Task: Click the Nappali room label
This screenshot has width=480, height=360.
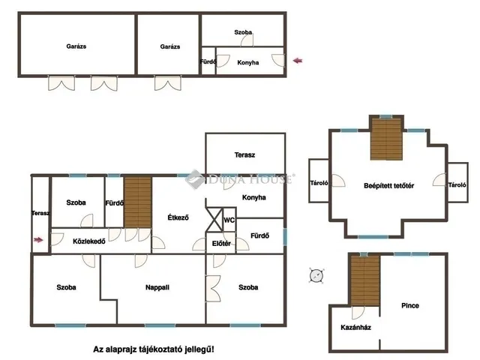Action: point(157,287)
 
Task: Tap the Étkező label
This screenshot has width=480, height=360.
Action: point(178,217)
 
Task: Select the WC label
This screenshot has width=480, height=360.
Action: point(229,220)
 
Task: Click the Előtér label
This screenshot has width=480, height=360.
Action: point(221,244)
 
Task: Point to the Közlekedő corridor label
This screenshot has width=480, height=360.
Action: point(89,241)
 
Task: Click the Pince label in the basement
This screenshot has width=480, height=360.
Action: point(410,305)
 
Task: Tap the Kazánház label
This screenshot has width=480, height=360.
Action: point(356,328)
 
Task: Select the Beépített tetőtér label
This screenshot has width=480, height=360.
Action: point(388,186)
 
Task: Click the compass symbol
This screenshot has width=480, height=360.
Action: point(316,275)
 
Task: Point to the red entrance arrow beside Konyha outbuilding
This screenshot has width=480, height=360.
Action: point(298,61)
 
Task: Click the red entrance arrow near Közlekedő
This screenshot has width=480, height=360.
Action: point(38,240)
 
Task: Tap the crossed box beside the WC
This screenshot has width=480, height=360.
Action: point(214,220)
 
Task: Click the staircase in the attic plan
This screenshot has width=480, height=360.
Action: point(386,139)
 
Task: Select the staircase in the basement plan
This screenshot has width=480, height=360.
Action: point(365,281)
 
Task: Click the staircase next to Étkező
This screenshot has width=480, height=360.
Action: point(138,202)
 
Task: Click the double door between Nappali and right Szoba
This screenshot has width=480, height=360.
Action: point(213,288)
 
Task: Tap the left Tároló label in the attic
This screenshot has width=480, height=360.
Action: point(319,183)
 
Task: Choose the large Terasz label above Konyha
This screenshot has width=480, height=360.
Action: point(245,155)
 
